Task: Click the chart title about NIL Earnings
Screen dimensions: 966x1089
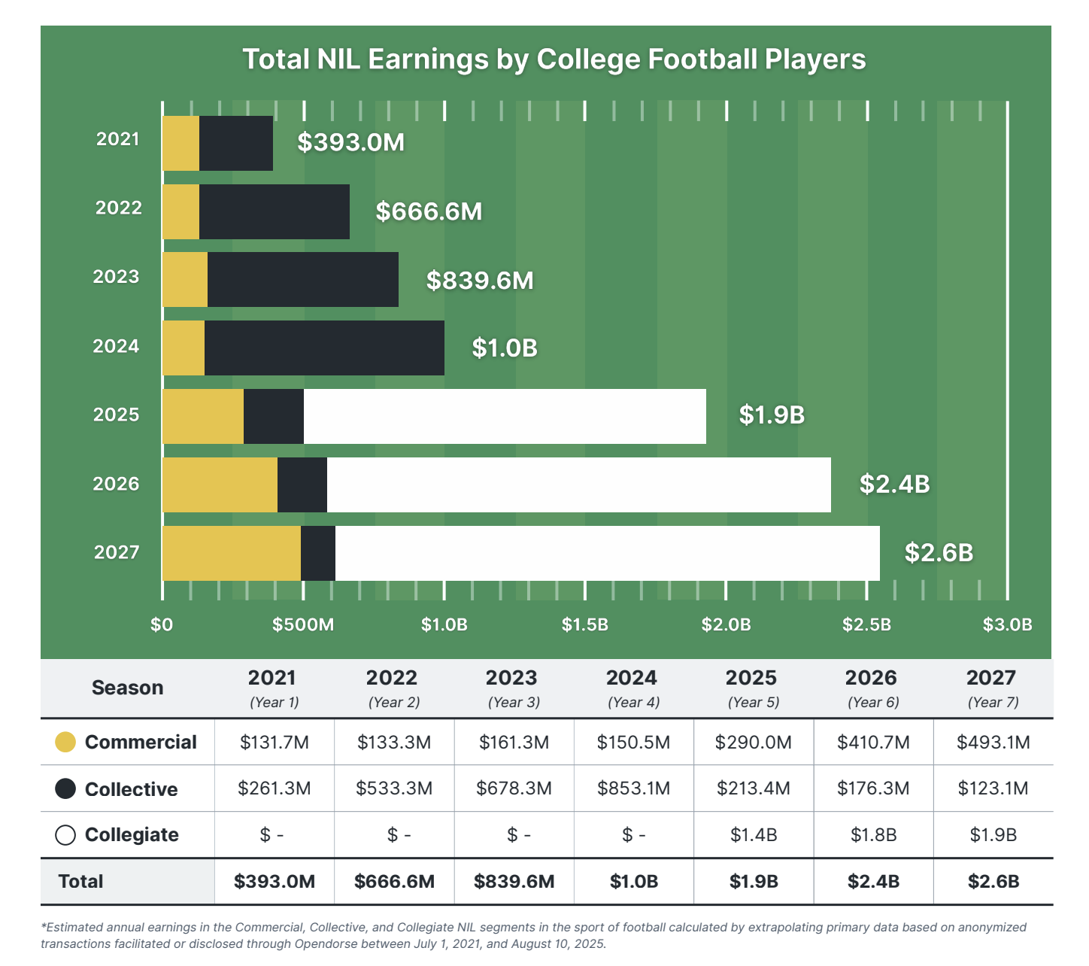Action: (554, 59)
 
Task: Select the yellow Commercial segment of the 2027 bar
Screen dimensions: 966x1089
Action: (231, 553)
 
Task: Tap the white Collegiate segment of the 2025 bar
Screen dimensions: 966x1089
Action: (504, 416)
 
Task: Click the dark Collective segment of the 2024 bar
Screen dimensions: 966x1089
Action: (323, 348)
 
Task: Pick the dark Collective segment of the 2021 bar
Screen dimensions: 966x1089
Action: (235, 143)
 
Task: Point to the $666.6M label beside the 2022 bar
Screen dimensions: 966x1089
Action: (429, 211)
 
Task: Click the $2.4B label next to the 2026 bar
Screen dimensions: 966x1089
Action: (894, 484)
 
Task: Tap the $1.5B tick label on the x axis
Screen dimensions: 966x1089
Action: (584, 624)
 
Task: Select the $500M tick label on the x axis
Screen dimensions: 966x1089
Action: (303, 624)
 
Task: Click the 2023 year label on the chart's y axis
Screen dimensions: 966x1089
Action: (116, 277)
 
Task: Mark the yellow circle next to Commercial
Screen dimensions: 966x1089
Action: (65, 742)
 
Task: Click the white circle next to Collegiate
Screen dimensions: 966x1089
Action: (65, 835)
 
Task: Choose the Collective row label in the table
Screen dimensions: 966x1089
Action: (131, 789)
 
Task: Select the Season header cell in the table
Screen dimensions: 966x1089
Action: (127, 688)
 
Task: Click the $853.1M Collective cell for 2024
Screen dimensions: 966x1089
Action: (633, 788)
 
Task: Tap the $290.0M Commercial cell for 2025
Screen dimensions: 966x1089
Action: (753, 743)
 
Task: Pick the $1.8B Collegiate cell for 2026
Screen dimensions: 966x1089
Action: (872, 835)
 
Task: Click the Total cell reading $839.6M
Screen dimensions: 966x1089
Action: (514, 882)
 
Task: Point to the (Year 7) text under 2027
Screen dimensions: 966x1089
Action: (992, 702)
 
